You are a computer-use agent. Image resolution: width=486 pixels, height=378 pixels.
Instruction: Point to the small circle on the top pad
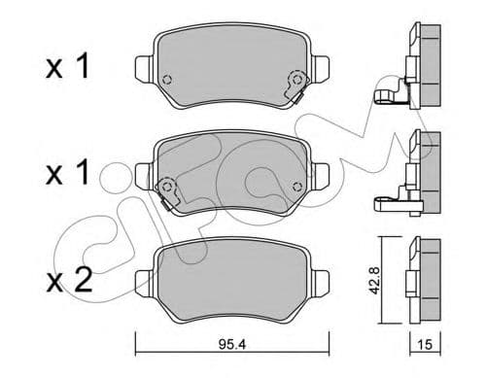(167, 81)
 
